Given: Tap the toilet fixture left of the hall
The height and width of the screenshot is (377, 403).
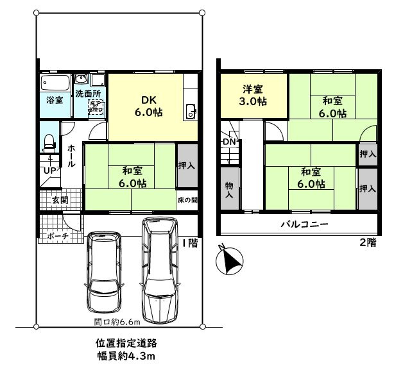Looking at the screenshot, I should click(x=49, y=142).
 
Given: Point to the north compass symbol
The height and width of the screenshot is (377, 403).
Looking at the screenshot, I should click(x=228, y=260).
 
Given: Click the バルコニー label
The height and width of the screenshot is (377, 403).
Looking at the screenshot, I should click(x=304, y=225).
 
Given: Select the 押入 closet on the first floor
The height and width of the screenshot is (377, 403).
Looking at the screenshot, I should click(x=187, y=165).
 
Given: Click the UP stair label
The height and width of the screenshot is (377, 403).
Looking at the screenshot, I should click(x=49, y=171).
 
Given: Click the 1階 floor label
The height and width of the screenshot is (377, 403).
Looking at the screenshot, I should click(x=189, y=243).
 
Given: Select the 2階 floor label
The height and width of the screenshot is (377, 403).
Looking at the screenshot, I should click(x=366, y=243).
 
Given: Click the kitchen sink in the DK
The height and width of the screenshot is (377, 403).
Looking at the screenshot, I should click(x=190, y=111).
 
